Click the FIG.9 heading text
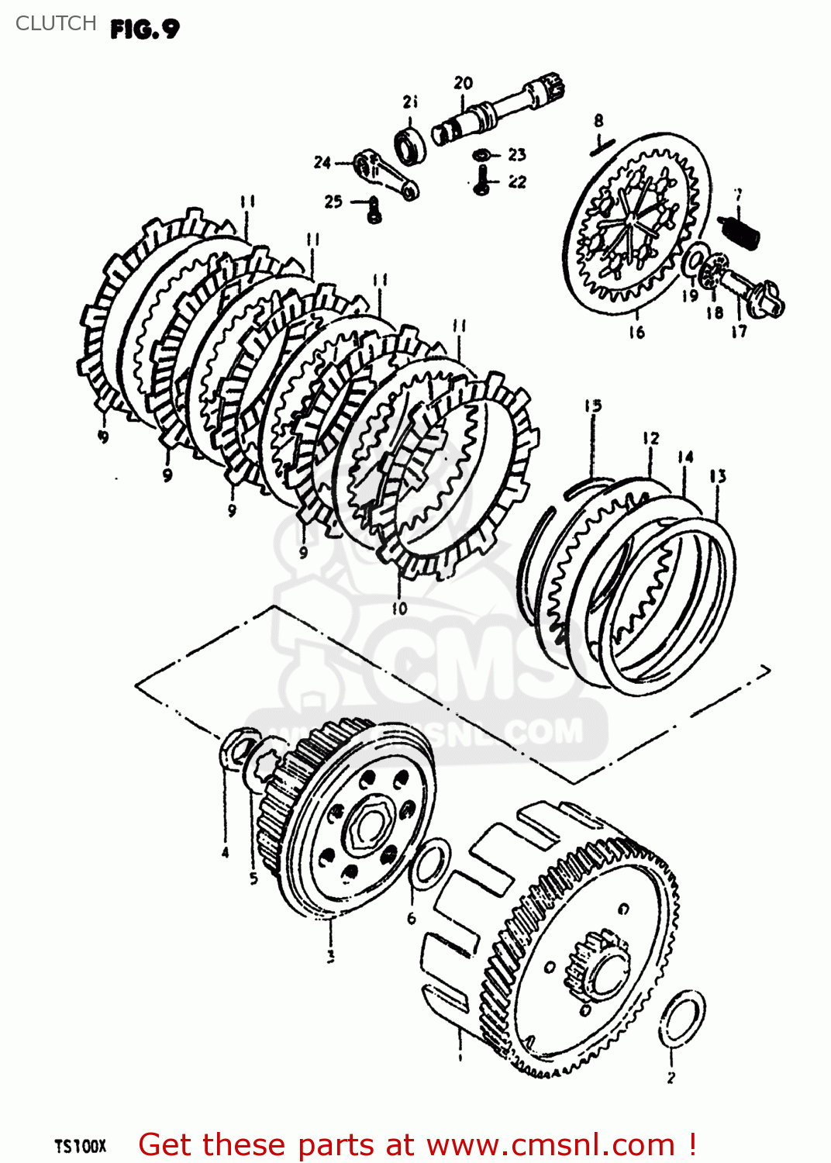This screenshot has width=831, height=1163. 144,29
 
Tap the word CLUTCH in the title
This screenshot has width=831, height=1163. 56,23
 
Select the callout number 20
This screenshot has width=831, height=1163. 463,83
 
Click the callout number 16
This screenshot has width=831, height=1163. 636,333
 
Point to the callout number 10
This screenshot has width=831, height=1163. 399,609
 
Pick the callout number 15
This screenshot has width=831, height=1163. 593,405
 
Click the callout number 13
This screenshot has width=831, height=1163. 718,475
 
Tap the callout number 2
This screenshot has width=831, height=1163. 671,1076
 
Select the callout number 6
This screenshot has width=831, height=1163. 412,918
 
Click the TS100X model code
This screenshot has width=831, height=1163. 80,1146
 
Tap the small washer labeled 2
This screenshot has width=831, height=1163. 682,1019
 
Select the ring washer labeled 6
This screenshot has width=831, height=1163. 429,863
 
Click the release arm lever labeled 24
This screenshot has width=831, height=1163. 388,175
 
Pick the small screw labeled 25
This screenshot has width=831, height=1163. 374,209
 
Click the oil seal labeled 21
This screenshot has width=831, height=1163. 410,146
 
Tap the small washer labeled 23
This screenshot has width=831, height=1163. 482,155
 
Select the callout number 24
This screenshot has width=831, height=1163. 322,162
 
